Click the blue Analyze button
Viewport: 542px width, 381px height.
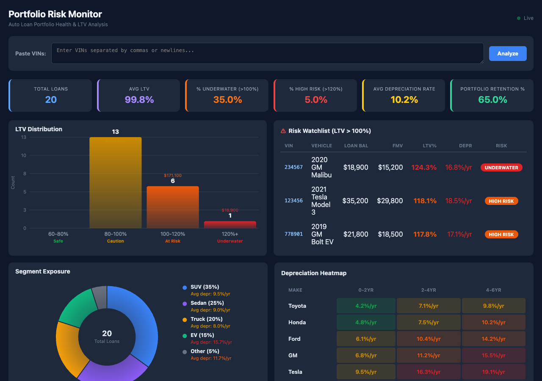coord(508,53)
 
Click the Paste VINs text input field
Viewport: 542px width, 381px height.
coord(267,53)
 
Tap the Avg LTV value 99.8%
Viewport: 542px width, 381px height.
coord(139,100)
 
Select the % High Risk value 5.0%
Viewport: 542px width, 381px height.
coord(316,100)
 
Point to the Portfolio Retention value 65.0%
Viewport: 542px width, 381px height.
coord(492,100)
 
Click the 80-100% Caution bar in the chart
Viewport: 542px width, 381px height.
coord(115,182)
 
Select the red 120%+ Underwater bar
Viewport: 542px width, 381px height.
coord(230,224)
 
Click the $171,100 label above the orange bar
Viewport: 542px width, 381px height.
coord(172,175)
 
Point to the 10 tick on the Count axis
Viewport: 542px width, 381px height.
coord(23,155)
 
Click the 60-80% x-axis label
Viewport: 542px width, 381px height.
coord(58,234)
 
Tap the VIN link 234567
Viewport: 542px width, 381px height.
coord(293,167)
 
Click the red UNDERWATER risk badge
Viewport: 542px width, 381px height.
coord(501,168)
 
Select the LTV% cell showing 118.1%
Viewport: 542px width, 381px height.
coord(425,201)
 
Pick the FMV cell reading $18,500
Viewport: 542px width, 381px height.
coord(390,234)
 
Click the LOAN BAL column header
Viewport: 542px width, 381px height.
coord(356,146)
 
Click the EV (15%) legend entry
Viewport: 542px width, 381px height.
coord(202,335)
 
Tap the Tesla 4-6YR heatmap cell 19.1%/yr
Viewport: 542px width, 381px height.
coord(493,372)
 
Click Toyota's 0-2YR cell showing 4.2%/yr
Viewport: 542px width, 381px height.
coord(366,306)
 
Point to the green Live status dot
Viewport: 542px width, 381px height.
coord(519,18)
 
